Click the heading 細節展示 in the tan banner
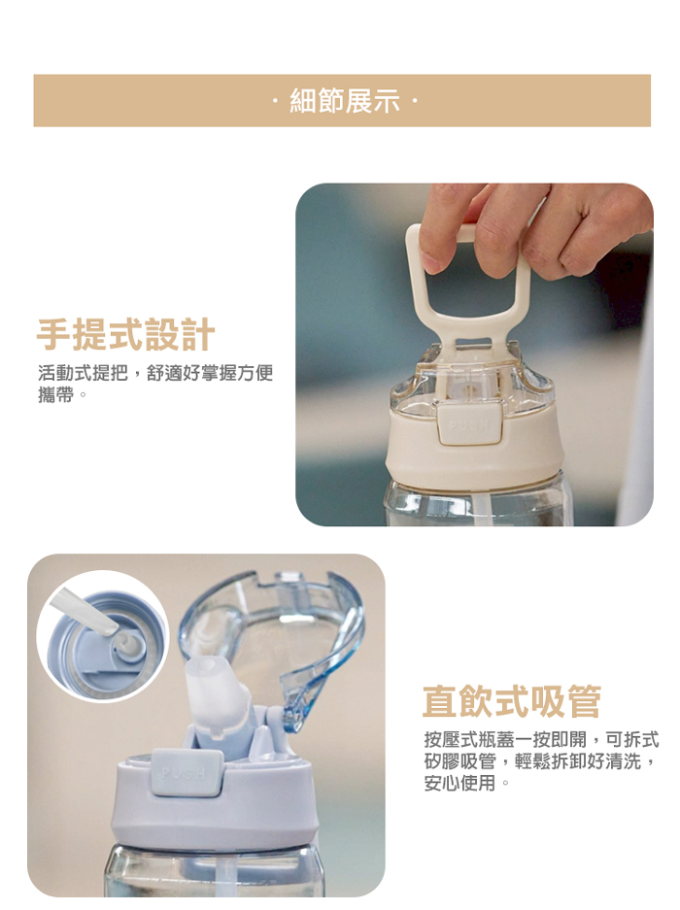pyautogui.click(x=345, y=101)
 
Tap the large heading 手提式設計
pyautogui.click(x=126, y=335)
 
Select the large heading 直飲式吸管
pyautogui.click(x=512, y=701)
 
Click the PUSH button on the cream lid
pyautogui.click(x=468, y=425)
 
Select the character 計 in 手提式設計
pyautogui.click(x=198, y=335)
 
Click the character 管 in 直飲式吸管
pyautogui.click(x=584, y=701)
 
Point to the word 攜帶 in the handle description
pyautogui.click(x=56, y=395)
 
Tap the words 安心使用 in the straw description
pyautogui.click(x=459, y=784)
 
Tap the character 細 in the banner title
pyautogui.click(x=302, y=101)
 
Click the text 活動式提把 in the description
pyautogui.click(x=83, y=373)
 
